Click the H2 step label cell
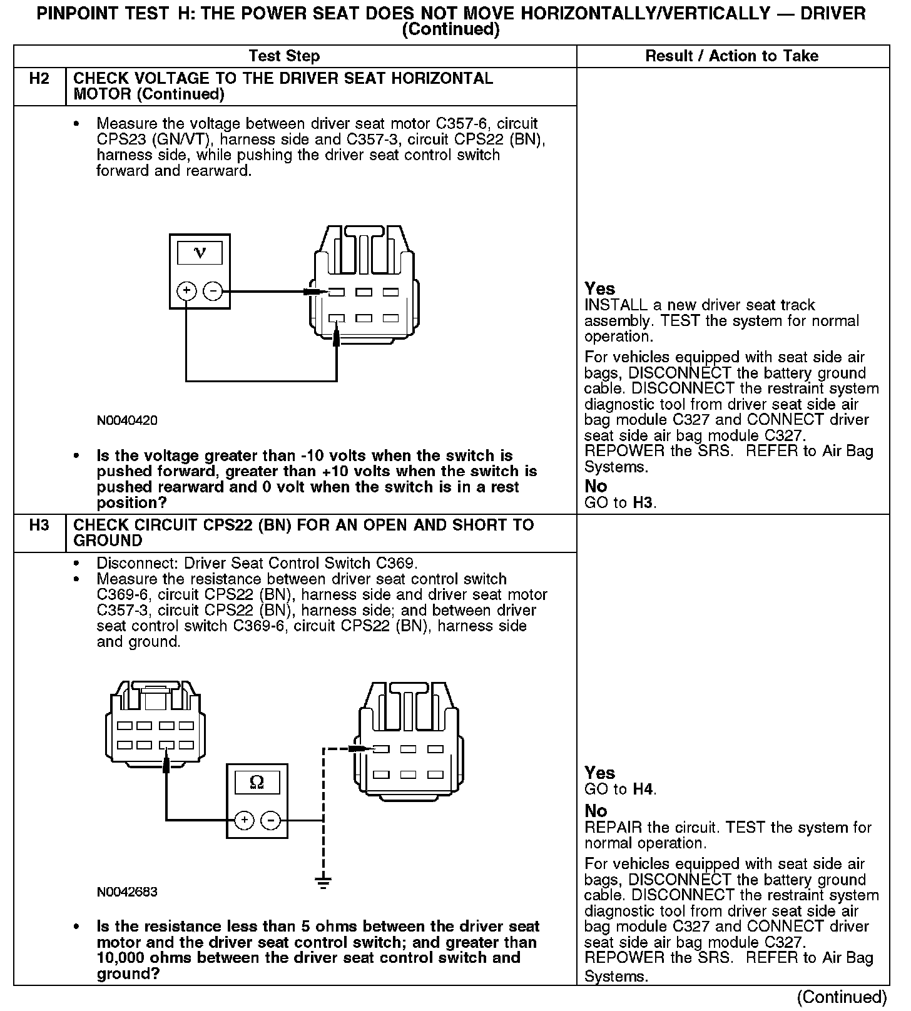click(x=39, y=79)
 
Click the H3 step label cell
click(x=39, y=526)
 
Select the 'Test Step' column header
click(x=284, y=56)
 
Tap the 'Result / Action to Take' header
click(x=731, y=56)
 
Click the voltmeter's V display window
click(x=200, y=253)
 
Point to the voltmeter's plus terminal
click(x=186, y=291)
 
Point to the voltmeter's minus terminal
click(x=213, y=291)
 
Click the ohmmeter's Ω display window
click(x=257, y=783)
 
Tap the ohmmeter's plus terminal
click(x=244, y=820)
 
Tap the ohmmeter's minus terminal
click(x=270, y=820)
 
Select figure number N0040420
click(x=127, y=420)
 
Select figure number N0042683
click(x=127, y=892)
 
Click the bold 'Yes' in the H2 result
click(x=599, y=289)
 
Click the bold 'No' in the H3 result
click(x=596, y=811)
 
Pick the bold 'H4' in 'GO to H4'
click(x=643, y=790)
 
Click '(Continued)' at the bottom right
click(x=842, y=997)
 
